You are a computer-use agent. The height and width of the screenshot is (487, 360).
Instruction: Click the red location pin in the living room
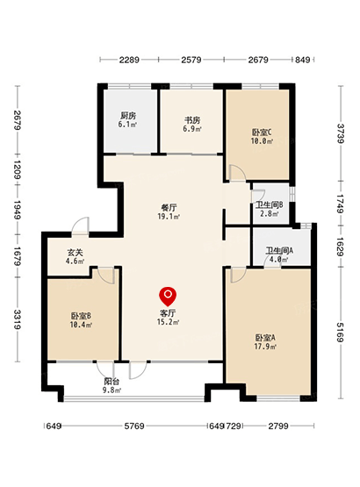pyautogui.click(x=168, y=296)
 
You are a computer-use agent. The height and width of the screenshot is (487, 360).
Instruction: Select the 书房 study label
pyautogui.click(x=192, y=120)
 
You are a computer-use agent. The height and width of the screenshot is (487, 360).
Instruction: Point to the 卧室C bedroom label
pyautogui.click(x=262, y=132)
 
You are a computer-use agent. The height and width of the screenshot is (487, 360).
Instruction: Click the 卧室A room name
pyautogui.click(x=265, y=338)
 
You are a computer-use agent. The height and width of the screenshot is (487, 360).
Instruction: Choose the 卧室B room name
pyautogui.click(x=81, y=317)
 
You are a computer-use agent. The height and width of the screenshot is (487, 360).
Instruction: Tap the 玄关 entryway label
pyautogui.click(x=75, y=253)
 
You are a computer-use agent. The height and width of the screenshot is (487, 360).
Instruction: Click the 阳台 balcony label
pyautogui.click(x=112, y=382)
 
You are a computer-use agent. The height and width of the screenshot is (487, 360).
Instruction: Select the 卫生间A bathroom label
pyautogui.click(x=279, y=251)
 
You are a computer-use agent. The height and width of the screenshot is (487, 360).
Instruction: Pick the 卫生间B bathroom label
pyautogui.click(x=270, y=205)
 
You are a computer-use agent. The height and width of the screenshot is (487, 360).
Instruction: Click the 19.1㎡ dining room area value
pyautogui.click(x=169, y=217)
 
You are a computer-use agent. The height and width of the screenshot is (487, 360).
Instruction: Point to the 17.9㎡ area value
pyautogui.click(x=265, y=347)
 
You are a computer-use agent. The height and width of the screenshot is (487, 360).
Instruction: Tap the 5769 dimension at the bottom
pyautogui.click(x=134, y=426)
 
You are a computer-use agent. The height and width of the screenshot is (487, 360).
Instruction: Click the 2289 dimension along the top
pyautogui.click(x=129, y=60)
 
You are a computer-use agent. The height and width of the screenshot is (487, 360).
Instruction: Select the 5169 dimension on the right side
pyautogui.click(x=341, y=333)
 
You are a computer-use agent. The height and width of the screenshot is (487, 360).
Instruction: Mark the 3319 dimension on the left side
pyautogui.click(x=18, y=319)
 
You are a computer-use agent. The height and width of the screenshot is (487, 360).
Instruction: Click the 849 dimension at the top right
pyautogui.click(x=302, y=60)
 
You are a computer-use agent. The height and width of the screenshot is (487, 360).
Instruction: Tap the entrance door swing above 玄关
pyautogui.click(x=81, y=225)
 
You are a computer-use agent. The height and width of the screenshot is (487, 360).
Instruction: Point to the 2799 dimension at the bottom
pyautogui.click(x=278, y=426)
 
